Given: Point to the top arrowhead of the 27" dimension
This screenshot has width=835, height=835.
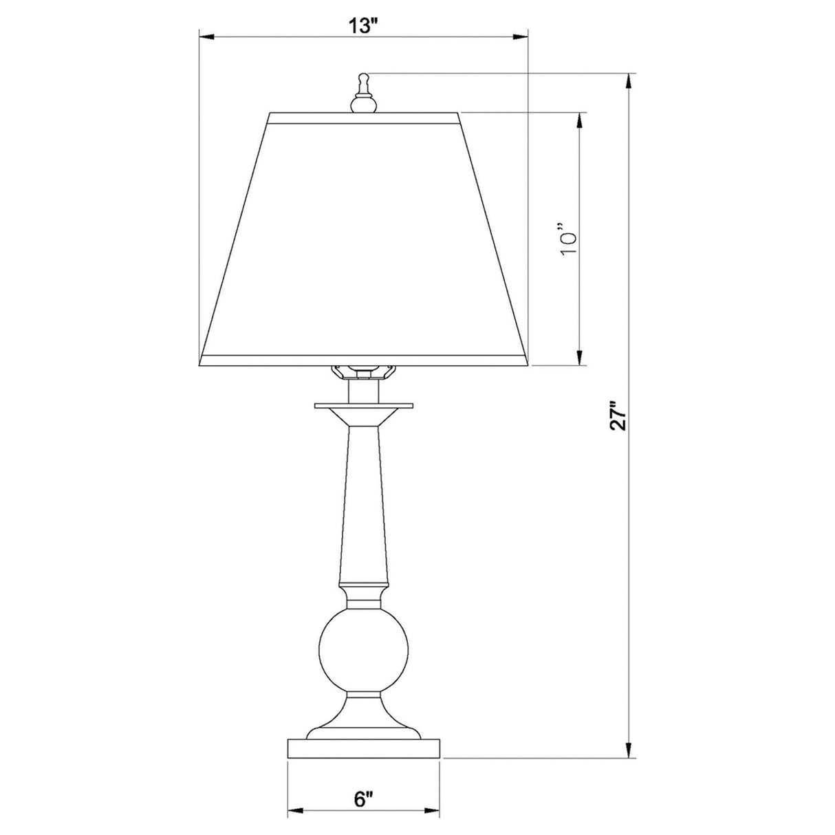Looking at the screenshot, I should tap(628, 80).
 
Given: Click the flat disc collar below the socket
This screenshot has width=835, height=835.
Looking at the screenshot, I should tap(362, 406).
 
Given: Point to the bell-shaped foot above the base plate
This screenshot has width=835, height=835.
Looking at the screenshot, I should tap(362, 719).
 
